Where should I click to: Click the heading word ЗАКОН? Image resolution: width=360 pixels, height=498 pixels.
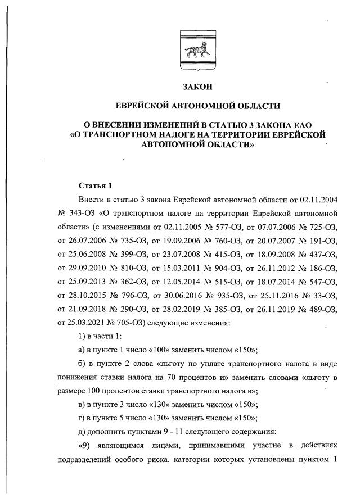(197, 87)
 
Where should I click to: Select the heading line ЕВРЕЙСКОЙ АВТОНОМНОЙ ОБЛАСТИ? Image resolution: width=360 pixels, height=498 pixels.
(197, 106)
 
